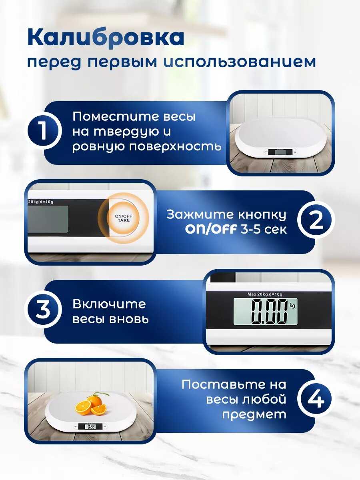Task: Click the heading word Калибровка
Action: (x=106, y=38)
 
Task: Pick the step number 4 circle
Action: (x=316, y=399)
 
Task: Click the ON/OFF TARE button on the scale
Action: (x=124, y=218)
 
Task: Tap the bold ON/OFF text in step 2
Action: (x=211, y=230)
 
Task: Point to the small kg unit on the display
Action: (x=292, y=306)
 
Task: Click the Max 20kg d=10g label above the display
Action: (x=265, y=294)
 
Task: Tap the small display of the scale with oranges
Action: (x=90, y=426)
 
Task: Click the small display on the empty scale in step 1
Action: (x=279, y=152)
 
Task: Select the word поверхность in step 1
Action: (x=175, y=146)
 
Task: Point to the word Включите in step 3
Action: (x=109, y=304)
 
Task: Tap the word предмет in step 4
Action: (x=254, y=414)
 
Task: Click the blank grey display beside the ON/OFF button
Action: (x=48, y=219)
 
